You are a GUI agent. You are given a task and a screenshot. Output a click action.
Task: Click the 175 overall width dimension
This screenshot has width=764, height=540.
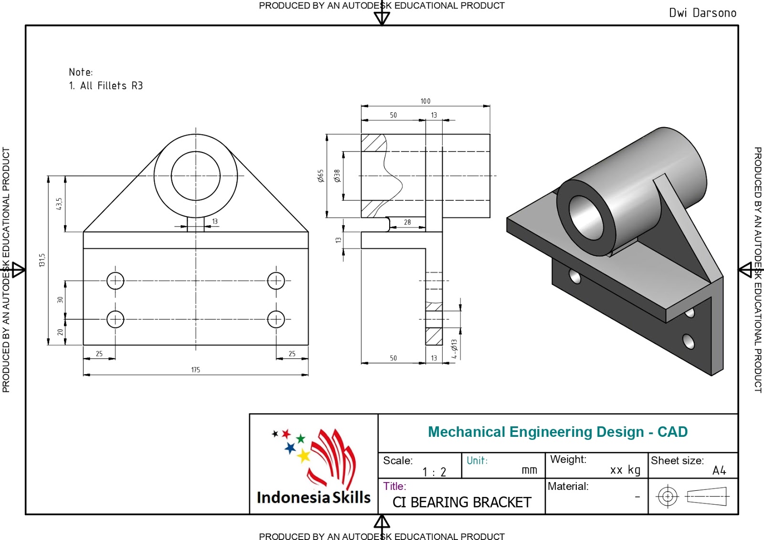coord(195,370)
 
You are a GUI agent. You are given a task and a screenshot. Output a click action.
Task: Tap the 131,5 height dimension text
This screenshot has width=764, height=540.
coord(42,260)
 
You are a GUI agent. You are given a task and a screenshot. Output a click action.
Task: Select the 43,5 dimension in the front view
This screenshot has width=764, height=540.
coord(59,204)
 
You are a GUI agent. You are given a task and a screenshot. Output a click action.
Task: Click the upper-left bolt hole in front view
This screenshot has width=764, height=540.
coord(115,281)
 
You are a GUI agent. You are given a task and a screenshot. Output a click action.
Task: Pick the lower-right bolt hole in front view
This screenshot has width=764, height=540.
coord(276,319)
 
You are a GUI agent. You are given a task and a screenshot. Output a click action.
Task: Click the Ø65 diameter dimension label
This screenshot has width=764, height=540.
coord(320,176)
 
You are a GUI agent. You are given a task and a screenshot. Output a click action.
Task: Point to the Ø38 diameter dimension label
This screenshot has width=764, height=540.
coord(337,176)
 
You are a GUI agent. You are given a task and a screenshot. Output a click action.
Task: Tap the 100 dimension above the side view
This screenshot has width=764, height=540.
coord(425,101)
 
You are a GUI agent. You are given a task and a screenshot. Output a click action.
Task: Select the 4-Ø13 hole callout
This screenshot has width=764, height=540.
coord(454,349)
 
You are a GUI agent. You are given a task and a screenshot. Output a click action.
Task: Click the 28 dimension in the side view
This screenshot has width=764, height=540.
coord(407,222)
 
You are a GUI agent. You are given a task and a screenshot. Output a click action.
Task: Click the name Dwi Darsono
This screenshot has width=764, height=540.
coord(702,13)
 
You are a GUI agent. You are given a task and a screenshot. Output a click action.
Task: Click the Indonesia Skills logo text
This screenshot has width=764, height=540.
coord(313,497)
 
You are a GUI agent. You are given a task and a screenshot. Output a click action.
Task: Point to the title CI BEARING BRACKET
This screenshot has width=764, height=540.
coord(462,503)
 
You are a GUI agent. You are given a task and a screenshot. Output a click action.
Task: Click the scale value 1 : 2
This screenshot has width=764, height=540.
coord(434,472)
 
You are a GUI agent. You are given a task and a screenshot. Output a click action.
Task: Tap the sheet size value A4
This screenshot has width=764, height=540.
coord(719,471)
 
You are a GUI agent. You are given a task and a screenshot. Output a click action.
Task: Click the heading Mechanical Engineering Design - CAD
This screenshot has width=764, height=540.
coord(557,432)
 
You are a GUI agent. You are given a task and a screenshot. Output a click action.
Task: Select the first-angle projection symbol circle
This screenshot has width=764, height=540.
coord(668,497)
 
